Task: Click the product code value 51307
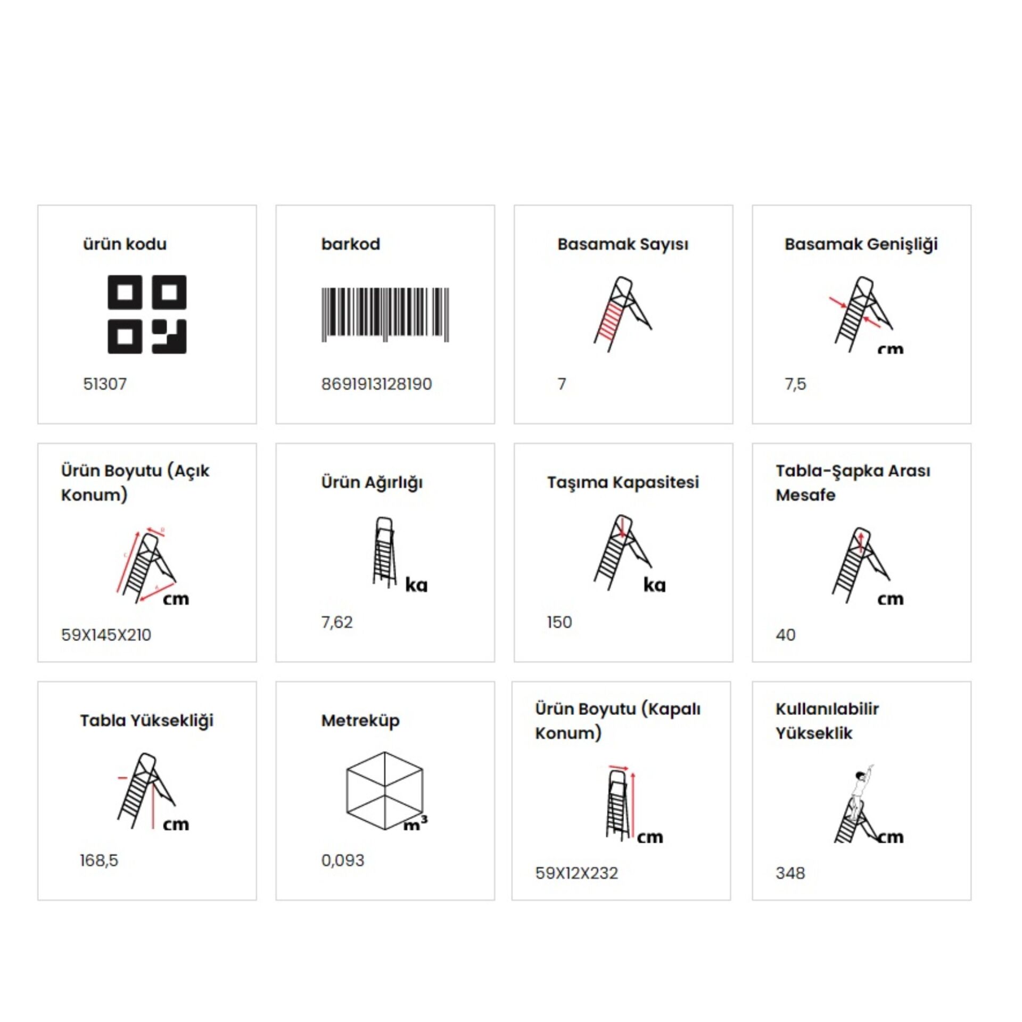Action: coord(105,384)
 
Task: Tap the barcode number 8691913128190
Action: coord(376,384)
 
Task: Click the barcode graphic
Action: coord(385,315)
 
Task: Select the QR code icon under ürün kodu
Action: coord(147,314)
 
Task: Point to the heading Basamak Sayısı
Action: coord(623,244)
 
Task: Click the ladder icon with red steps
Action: coord(622,314)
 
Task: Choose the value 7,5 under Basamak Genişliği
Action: coord(795,384)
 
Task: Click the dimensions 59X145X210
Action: coord(106,635)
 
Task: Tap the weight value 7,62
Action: coord(336,622)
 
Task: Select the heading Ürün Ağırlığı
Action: coord(372,483)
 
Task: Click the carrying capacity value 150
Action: coord(559,622)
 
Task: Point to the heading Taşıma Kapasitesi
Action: coord(623,483)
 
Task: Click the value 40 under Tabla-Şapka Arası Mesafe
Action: coord(786,635)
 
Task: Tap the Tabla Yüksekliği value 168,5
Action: coord(99,861)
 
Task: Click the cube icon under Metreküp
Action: coord(384,790)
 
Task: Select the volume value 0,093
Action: coord(343,861)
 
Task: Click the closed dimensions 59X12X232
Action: coord(576,873)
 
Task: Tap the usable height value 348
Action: coord(790,873)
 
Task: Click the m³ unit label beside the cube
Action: coord(415,823)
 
